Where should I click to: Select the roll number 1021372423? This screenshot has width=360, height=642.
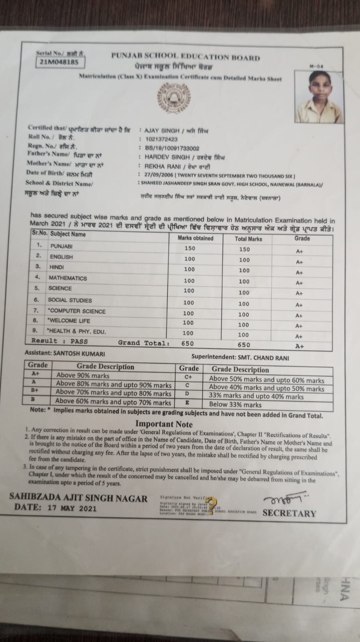[x=161, y=139]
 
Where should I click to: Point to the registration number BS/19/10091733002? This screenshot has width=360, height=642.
[x=172, y=148]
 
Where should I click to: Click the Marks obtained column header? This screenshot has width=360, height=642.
[x=195, y=238]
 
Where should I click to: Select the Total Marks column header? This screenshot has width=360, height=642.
[x=248, y=239]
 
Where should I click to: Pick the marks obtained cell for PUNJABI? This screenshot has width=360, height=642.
[x=190, y=248]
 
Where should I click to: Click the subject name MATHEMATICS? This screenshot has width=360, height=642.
[x=67, y=278]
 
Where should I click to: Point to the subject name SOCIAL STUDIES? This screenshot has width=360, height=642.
[x=70, y=300]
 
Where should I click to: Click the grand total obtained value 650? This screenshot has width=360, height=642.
[x=187, y=343]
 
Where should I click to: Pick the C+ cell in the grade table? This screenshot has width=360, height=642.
[x=188, y=377]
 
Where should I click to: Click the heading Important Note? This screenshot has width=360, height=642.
[x=164, y=424]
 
